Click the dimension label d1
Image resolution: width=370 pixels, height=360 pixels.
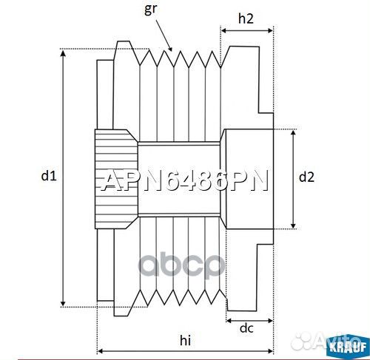point(49,176)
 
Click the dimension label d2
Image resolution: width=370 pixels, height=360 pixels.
point(306,177)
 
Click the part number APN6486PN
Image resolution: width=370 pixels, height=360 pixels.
point(184,181)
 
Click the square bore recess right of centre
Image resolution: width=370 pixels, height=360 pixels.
point(249,177)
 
